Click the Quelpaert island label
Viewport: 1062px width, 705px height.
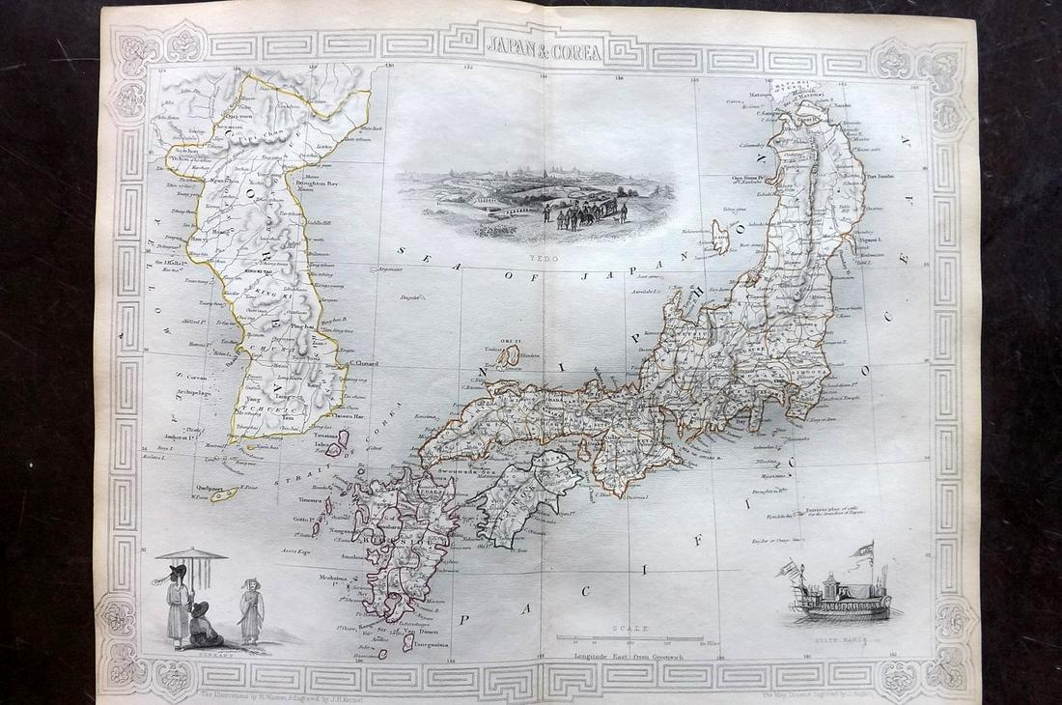pos(207,488)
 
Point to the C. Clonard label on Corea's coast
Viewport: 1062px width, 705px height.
pos(363,364)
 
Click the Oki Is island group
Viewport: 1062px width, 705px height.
pos(506,357)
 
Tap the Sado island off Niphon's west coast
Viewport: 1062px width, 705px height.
pos(720,235)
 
